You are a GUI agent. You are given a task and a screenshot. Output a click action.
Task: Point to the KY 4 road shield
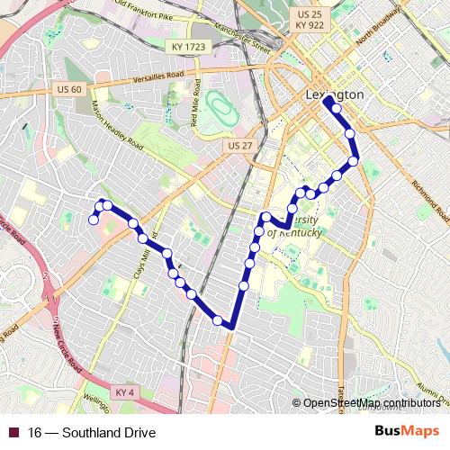pyautogui.click(x=125, y=392)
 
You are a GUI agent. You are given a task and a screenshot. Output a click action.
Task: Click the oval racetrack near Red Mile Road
pyautogui.click(x=219, y=111)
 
